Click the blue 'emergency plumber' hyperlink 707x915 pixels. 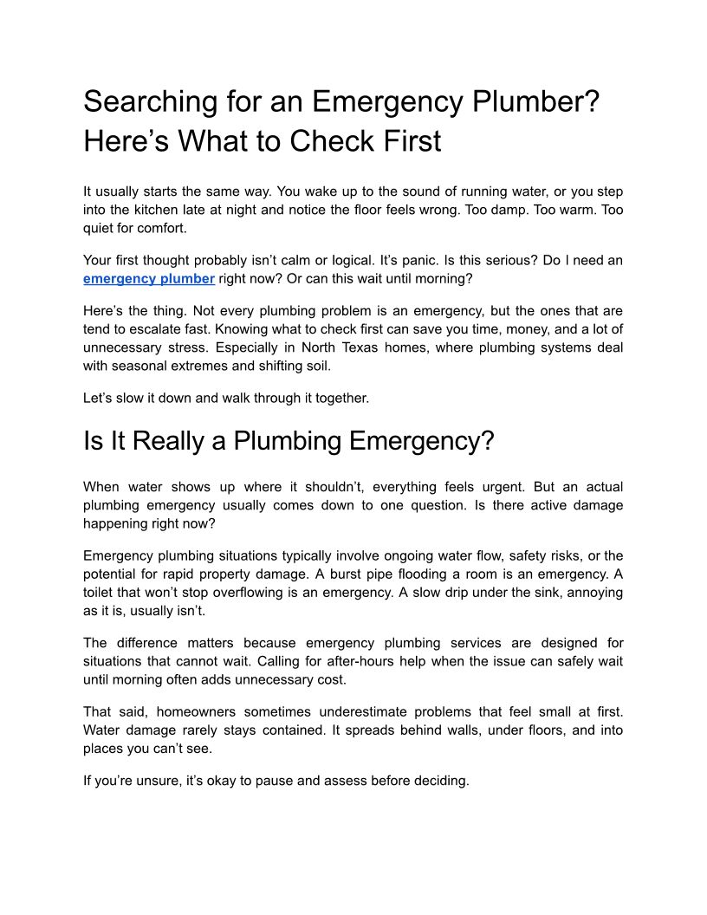point(149,278)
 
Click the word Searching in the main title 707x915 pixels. point(145,102)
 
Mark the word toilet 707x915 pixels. point(102,592)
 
